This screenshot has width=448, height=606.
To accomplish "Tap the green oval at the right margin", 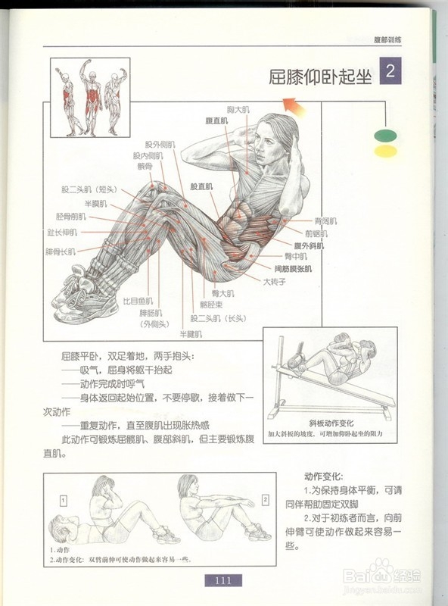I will pos(386,136).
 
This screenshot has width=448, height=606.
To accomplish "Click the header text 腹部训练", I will pos(388,39).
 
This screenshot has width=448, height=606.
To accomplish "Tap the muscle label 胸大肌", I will pos(238,110).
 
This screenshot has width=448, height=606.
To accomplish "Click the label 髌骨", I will pos(145,165).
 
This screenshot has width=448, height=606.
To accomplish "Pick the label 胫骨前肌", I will pos(71,217).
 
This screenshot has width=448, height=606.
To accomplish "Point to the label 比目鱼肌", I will pos(138,300).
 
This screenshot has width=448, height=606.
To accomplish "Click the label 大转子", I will pos(275,281).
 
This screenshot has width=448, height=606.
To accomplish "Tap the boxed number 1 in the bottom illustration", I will pos(64,500).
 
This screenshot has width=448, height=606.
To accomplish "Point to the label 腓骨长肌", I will pos(61,251).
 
